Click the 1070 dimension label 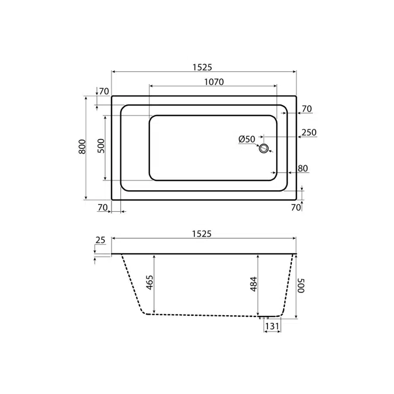[x=214, y=82]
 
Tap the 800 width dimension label [x=82, y=147]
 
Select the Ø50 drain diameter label [x=247, y=139]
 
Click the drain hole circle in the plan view [x=264, y=148]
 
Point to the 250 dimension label [x=309, y=133]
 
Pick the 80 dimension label [x=303, y=168]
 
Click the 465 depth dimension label [x=149, y=283]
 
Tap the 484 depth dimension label [x=254, y=284]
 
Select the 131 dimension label [x=272, y=326]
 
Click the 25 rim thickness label [x=100, y=240]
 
